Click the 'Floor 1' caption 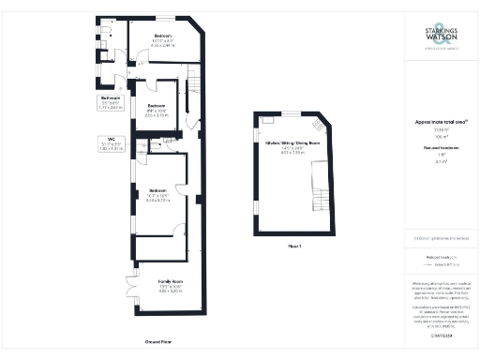(293, 246)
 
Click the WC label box (111, 144)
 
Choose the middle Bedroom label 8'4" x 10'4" (156, 109)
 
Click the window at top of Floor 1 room (291, 113)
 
